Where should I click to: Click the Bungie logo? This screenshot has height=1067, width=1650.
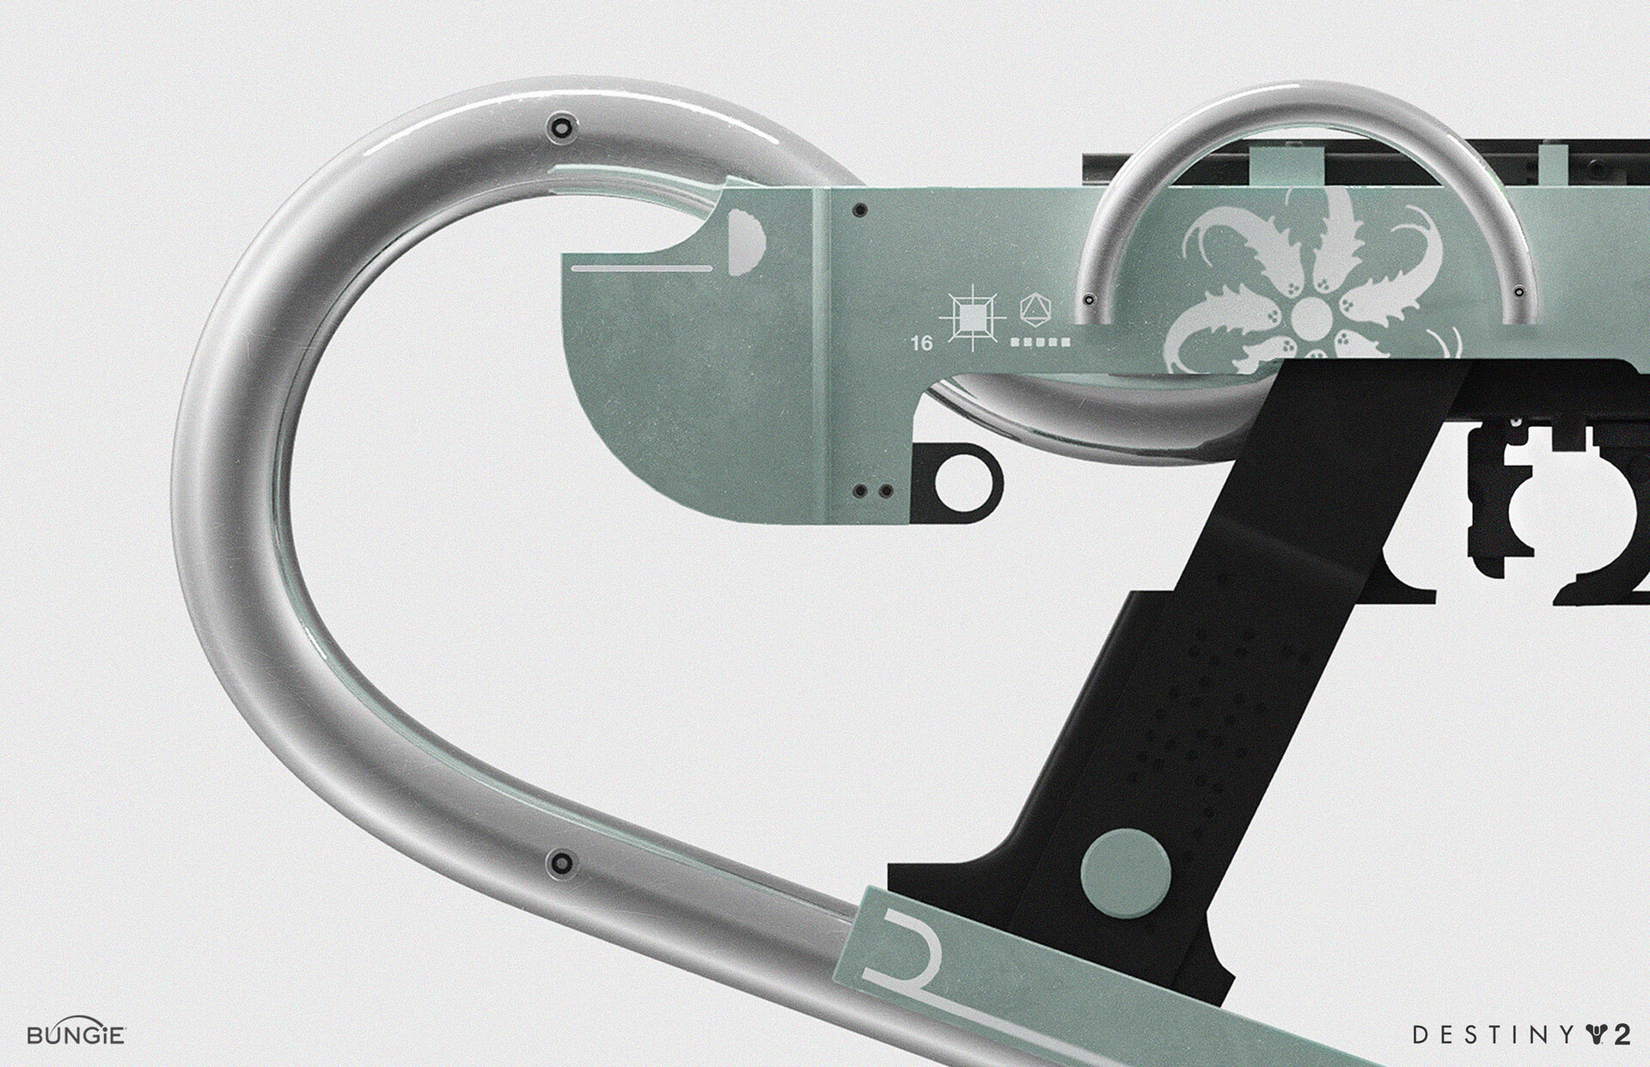pos(77,1033)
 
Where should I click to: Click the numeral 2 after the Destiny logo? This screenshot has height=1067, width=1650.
pos(1621,1034)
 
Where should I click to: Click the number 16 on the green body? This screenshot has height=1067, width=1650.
pos(921,344)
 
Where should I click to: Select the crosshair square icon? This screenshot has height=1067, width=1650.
pos(974,317)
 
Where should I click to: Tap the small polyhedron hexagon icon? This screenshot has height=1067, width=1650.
pos(1031,308)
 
